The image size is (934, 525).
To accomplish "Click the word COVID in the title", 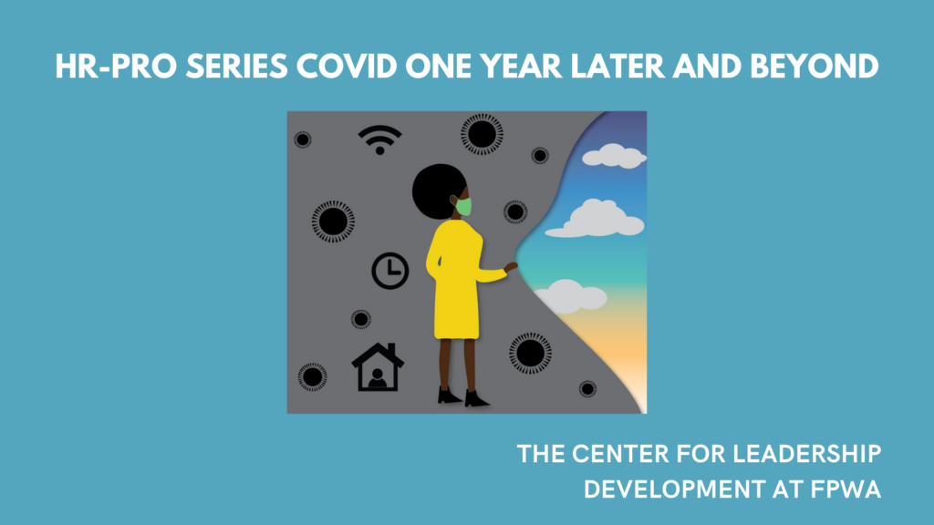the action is point(347,66).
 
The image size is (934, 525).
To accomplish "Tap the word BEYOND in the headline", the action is point(815,66).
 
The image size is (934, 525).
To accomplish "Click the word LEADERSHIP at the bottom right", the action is point(806,454).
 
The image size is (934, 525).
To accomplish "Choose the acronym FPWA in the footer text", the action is point(846,489).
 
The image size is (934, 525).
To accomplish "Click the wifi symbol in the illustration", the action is point(379,139).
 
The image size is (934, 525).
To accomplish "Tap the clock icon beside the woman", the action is point(390,272).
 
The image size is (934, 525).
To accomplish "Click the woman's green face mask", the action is point(463,207).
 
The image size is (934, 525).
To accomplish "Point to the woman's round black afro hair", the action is point(438,191).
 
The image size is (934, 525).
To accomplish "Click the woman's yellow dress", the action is point(458,280).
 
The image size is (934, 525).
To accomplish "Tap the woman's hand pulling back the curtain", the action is point(511,267).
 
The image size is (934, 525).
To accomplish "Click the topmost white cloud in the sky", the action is point(614,155).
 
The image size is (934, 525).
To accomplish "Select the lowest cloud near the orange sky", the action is point(570,296).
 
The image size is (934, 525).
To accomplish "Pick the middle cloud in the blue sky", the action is point(596,219).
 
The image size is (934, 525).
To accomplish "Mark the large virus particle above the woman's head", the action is point(482,134).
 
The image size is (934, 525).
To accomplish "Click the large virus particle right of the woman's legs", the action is point(530,353).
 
